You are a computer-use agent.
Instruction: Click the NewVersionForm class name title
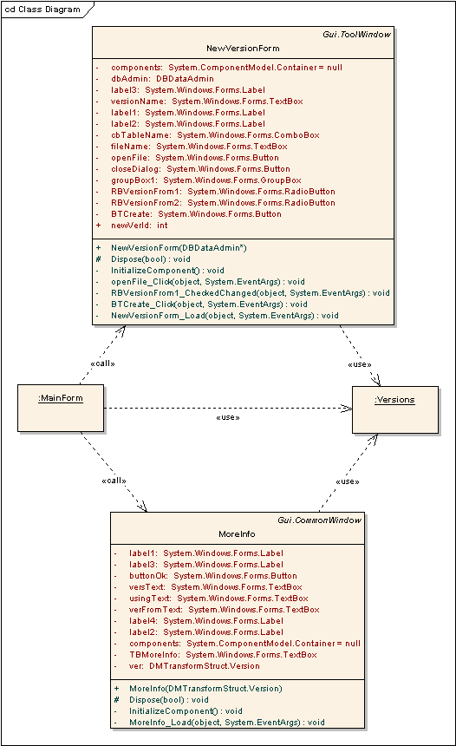(x=243, y=48)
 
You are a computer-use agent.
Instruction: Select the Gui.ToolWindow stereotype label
(x=356, y=34)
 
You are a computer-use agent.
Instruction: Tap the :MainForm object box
(x=61, y=409)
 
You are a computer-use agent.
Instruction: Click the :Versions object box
(x=395, y=409)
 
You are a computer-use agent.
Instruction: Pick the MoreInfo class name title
(x=237, y=533)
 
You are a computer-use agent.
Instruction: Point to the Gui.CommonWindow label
(x=320, y=520)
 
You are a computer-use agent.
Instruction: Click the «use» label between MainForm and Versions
(x=228, y=418)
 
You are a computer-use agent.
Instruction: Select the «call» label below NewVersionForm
(x=102, y=363)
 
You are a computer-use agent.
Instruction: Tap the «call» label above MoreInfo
(x=114, y=481)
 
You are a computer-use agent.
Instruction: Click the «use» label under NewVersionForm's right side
(x=360, y=364)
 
